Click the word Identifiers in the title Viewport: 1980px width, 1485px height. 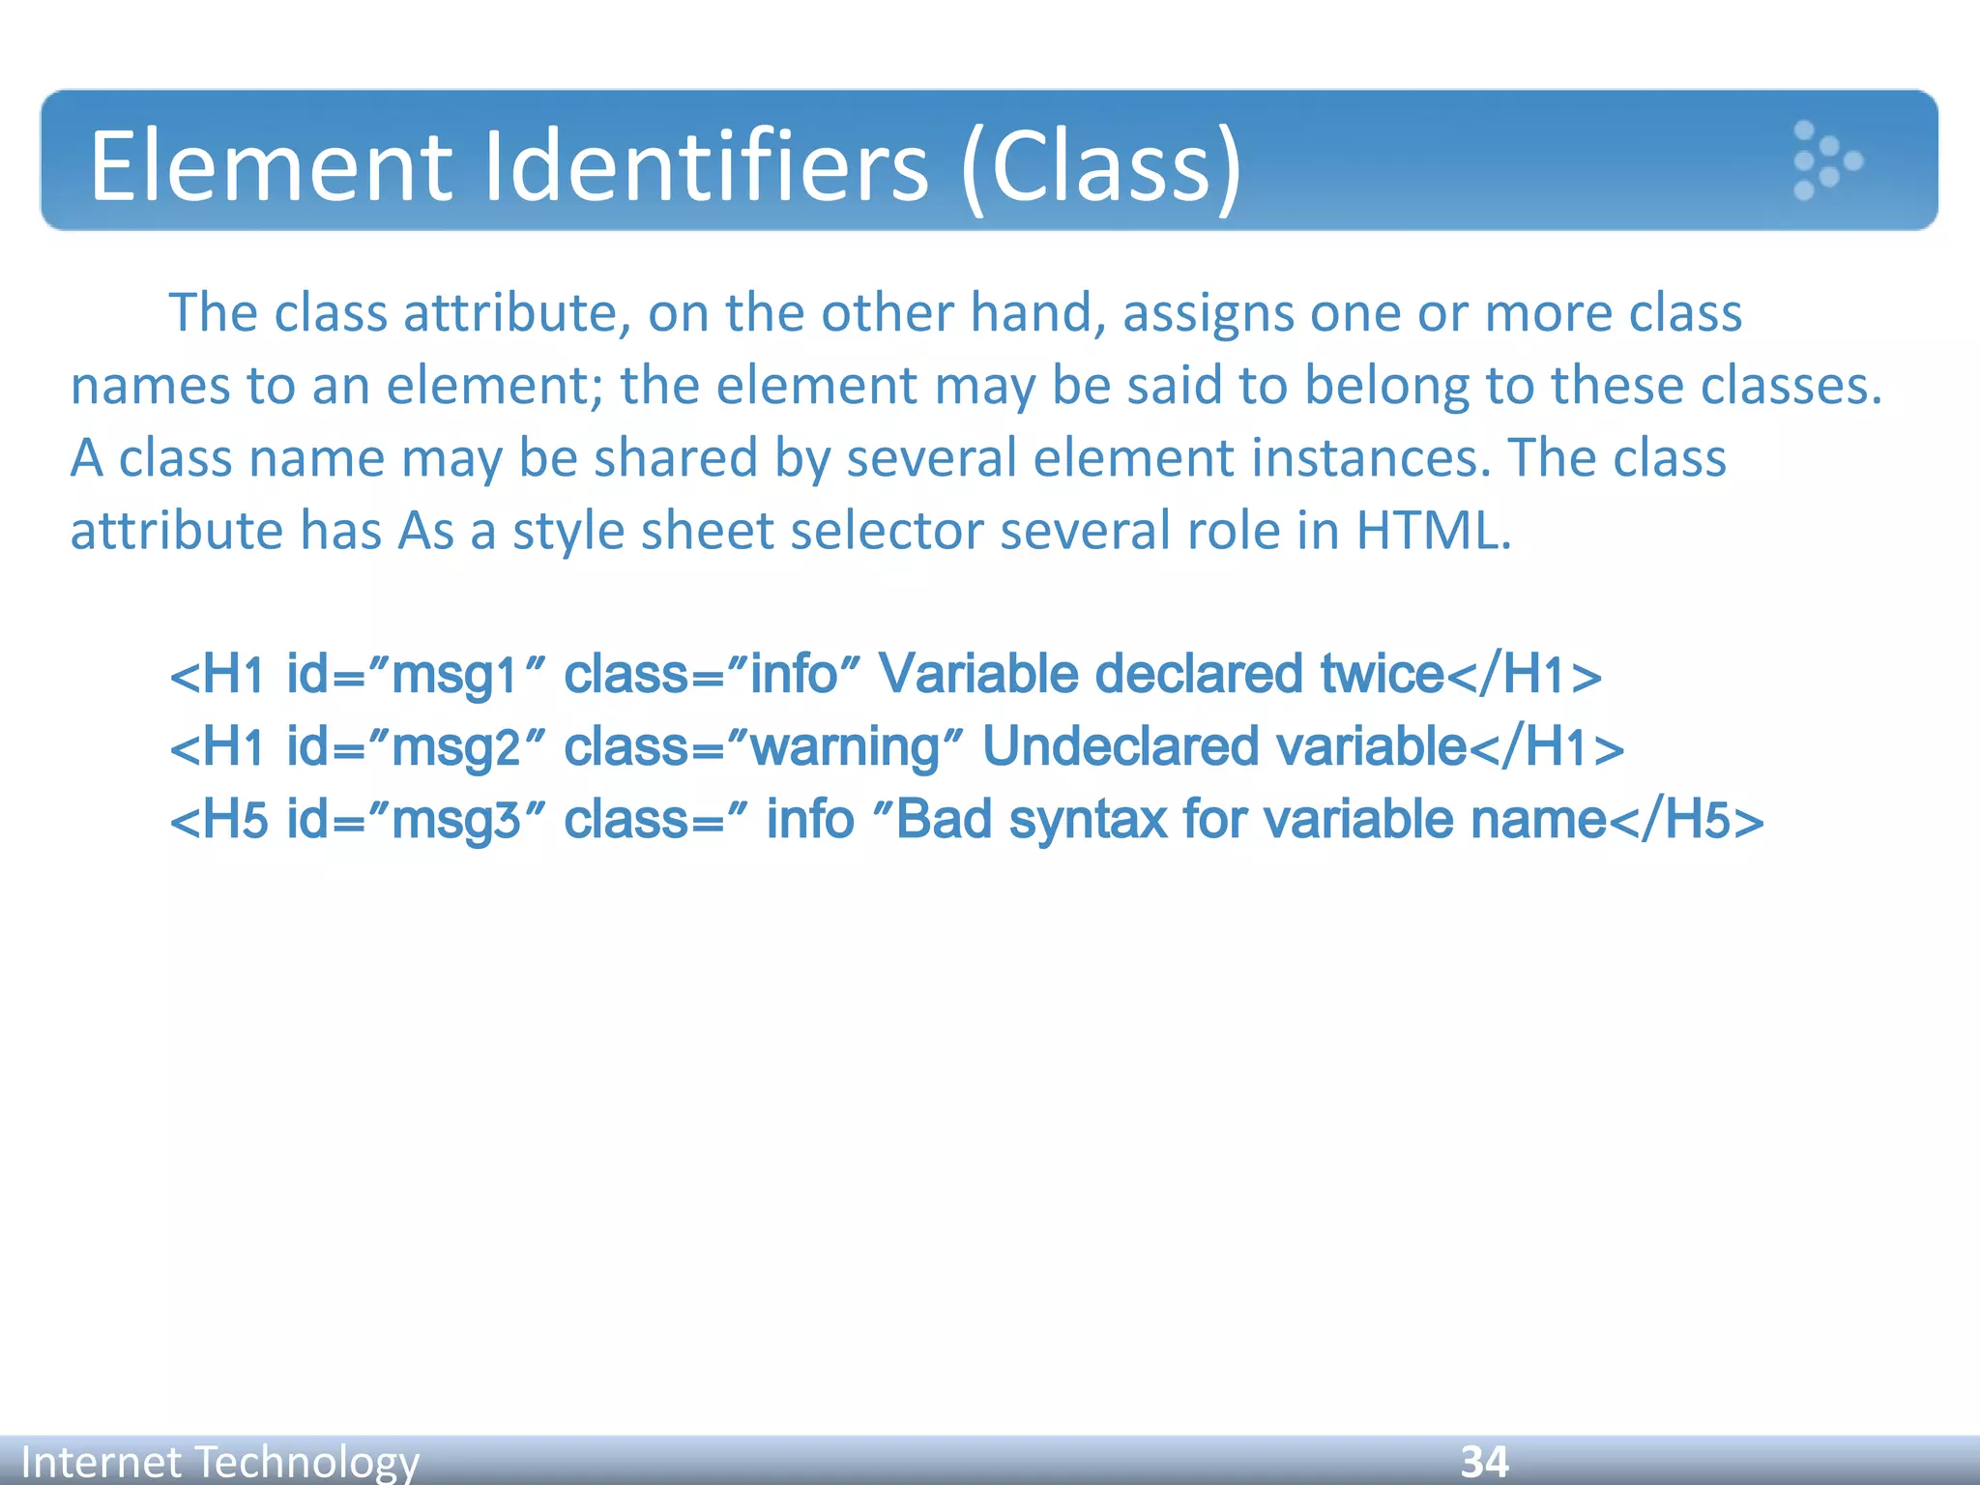pos(706,166)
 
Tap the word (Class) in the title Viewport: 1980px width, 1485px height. pos(1102,168)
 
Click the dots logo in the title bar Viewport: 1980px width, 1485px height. pos(1825,160)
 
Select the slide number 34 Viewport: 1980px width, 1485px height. pos(1484,1461)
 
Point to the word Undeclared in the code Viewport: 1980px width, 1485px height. pos(1120,747)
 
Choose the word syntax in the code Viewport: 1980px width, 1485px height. pos(1088,821)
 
